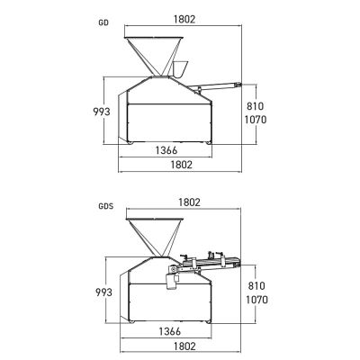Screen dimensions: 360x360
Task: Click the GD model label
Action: tap(103, 22)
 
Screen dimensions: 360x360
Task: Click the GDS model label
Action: tap(106, 206)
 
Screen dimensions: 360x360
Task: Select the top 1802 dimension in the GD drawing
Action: tap(184, 19)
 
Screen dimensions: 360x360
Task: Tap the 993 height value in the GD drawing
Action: tap(102, 112)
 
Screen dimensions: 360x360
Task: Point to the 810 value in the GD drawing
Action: tap(256, 106)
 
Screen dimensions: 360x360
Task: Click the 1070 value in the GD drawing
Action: tap(256, 120)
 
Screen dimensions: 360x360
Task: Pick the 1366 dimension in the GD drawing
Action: tap(166, 150)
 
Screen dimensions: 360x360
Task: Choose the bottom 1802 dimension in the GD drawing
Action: tap(181, 165)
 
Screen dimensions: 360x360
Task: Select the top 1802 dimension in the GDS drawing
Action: tap(189, 202)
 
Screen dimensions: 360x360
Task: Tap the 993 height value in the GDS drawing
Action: tap(103, 292)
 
